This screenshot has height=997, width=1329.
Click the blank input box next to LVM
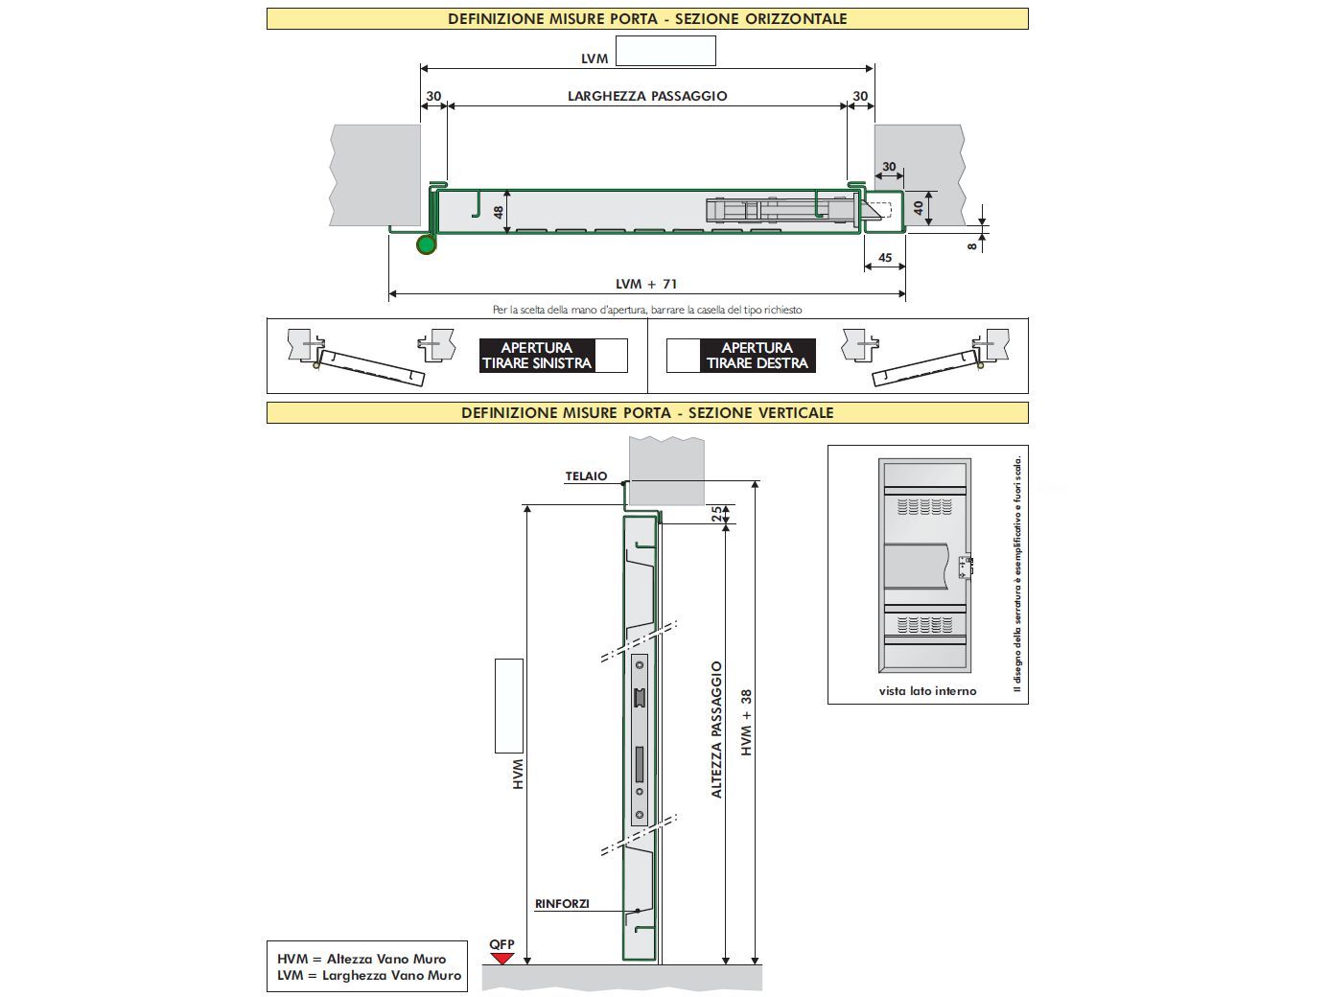(x=665, y=51)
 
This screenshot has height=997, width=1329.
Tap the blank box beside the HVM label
(x=508, y=706)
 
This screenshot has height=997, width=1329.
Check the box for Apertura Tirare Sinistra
(x=611, y=356)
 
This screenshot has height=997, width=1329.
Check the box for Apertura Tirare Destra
(x=682, y=356)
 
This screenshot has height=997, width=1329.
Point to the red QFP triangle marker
(x=501, y=958)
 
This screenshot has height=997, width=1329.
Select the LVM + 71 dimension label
(x=646, y=284)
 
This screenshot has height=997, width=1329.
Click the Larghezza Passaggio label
(x=647, y=96)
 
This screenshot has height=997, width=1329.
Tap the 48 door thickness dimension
(x=499, y=212)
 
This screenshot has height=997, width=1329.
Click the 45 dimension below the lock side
(x=885, y=258)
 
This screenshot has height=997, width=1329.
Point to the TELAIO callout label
(x=586, y=476)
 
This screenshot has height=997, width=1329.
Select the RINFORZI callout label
(x=562, y=904)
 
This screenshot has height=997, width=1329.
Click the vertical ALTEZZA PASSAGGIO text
(x=716, y=730)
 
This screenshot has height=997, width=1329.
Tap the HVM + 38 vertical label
(x=747, y=723)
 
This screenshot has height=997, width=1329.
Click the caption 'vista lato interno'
(x=927, y=690)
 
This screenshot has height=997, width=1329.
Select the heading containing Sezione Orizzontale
(x=647, y=18)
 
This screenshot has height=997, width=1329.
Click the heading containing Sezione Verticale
(x=647, y=413)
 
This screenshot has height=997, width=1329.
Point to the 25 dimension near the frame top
(x=716, y=514)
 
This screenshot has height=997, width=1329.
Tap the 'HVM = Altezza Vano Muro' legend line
(x=361, y=959)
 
